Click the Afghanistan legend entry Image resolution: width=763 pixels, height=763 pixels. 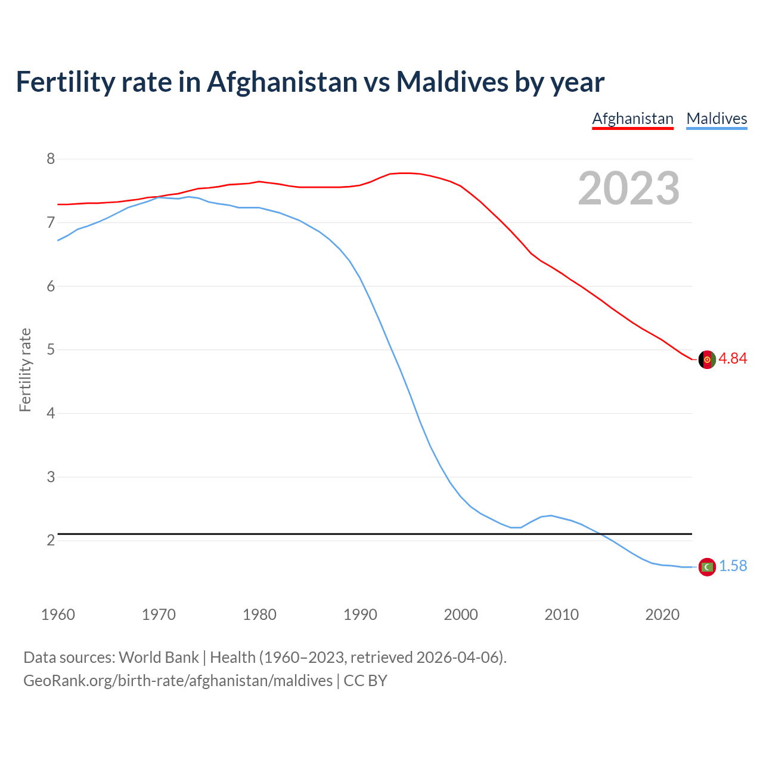pos(632,119)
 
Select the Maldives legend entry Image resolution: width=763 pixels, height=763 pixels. pos(717,119)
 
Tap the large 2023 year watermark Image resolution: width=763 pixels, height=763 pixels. pos(629,188)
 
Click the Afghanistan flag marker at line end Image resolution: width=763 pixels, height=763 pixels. pos(706,359)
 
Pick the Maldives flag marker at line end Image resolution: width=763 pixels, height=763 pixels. pos(706,566)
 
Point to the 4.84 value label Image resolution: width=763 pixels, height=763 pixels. pos(733,358)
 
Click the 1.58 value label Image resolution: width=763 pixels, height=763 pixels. pos(733,566)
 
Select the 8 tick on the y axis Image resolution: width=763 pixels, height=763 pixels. pos(51,159)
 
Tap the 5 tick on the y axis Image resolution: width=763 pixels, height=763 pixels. pos(51,349)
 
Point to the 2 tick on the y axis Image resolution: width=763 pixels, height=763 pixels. pos(51,540)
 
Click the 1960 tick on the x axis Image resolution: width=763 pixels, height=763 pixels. pos(58,615)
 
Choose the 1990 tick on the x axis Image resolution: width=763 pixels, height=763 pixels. pos(360,615)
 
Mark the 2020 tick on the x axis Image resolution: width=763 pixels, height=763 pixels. pos(662,615)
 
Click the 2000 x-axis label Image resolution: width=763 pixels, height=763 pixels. pos(461,615)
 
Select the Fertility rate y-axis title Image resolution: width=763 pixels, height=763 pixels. pos(25,370)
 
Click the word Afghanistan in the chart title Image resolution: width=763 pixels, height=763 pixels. pos(281,82)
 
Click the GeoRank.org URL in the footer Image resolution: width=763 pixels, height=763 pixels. pos(178,680)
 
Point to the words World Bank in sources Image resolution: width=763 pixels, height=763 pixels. pos(159,657)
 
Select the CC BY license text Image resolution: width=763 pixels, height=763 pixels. pos(365,680)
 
